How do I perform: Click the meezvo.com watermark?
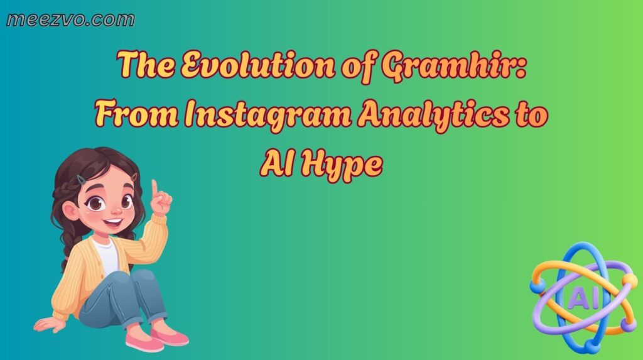(x=70, y=19)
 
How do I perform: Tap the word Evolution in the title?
(x=232, y=65)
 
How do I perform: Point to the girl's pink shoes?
(x=157, y=339)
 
